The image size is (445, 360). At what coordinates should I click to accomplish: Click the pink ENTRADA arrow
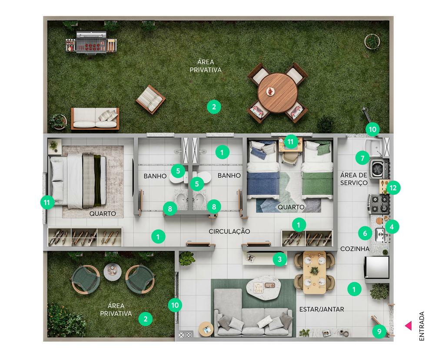(x=408, y=326)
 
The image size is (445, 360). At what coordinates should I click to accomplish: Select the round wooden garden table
(x=278, y=93)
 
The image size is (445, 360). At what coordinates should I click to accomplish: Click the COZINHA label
(x=355, y=249)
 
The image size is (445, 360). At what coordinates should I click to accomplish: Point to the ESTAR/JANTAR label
(x=322, y=309)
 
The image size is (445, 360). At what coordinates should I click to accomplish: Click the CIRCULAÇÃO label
(x=229, y=231)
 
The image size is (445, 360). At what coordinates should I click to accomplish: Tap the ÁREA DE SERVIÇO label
(x=354, y=179)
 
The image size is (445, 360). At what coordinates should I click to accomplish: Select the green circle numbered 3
(x=279, y=259)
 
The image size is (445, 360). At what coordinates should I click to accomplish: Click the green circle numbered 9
(x=379, y=331)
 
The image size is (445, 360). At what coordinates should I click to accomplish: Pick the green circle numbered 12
(x=393, y=188)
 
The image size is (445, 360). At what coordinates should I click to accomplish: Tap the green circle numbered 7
(x=362, y=158)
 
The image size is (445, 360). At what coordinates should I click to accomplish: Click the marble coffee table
(x=263, y=287)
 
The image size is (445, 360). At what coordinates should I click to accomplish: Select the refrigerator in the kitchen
(x=377, y=267)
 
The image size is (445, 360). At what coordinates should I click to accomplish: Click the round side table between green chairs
(x=113, y=272)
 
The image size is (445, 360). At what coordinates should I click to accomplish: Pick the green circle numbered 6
(x=365, y=233)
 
